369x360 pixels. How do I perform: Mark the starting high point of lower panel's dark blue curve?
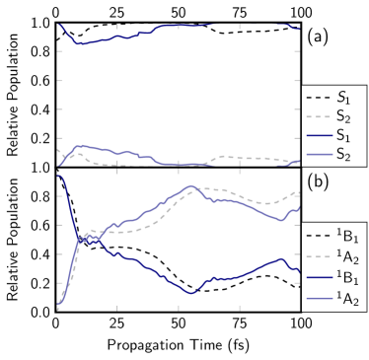pos(60,177)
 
